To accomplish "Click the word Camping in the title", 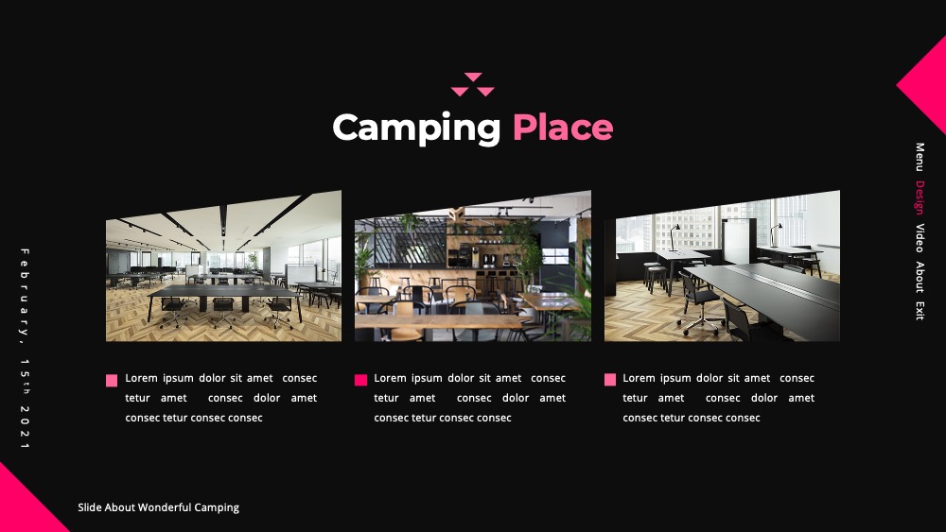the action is tap(416, 129).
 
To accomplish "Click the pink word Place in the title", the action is tap(563, 128).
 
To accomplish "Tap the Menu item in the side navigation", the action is tap(920, 157).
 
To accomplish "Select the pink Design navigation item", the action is tap(920, 197).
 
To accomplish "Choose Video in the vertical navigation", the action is tap(920, 237).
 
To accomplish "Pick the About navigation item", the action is tap(920, 277).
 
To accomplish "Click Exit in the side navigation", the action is tap(920, 310).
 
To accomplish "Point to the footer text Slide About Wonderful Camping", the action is tap(159, 507).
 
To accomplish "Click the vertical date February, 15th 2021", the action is tap(25, 349).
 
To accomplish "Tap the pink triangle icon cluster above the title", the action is tap(473, 84).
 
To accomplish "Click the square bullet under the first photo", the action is tap(112, 380).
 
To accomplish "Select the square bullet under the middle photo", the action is tap(360, 380).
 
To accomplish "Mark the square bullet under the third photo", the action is tap(610, 380).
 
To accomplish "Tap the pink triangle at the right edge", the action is tap(926, 85).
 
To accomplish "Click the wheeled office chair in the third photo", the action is tap(699, 303).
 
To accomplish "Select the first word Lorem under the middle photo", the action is tap(390, 378).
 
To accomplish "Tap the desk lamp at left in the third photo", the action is tap(674, 237).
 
